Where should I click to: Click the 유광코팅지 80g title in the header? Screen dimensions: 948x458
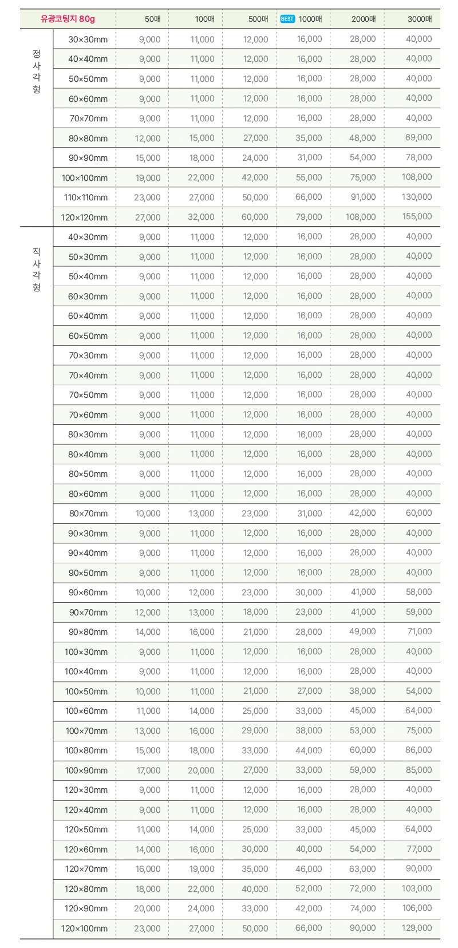[x=68, y=19]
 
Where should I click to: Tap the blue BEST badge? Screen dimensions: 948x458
[x=287, y=19]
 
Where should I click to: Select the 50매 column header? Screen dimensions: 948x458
[x=153, y=19]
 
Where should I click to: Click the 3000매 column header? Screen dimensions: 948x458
[x=420, y=19]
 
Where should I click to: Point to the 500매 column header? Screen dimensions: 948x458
[x=258, y=19]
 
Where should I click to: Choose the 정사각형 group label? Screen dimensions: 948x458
[x=37, y=72]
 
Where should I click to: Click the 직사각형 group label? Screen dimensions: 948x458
[x=37, y=269]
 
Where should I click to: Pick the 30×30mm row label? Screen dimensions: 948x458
[x=88, y=39]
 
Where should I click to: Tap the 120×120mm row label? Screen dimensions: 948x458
[x=84, y=218]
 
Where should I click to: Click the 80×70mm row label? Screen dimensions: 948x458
[x=88, y=513]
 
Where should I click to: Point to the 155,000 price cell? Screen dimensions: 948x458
[x=417, y=217]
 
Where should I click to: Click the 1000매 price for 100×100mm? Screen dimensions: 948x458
[x=309, y=177]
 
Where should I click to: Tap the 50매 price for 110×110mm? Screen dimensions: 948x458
[x=147, y=197]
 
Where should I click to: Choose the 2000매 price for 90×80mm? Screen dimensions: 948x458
[x=362, y=632]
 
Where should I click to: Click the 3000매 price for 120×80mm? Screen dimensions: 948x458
[x=417, y=888]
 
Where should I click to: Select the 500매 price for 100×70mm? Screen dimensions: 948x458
[x=255, y=731]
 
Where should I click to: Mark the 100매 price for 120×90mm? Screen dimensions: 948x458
[x=201, y=908]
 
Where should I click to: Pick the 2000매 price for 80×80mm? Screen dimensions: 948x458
[x=362, y=138]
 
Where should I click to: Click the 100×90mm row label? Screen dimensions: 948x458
[x=86, y=771]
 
